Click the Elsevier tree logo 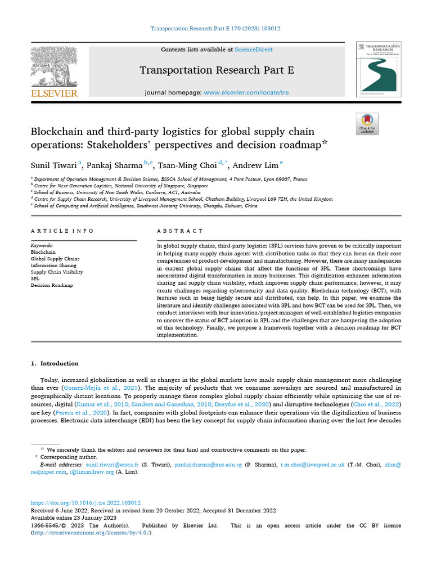54,67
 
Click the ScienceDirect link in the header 254,49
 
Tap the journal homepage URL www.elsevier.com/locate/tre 246,92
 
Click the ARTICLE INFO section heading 62,231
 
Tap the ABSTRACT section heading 181,231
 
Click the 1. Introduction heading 55,363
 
